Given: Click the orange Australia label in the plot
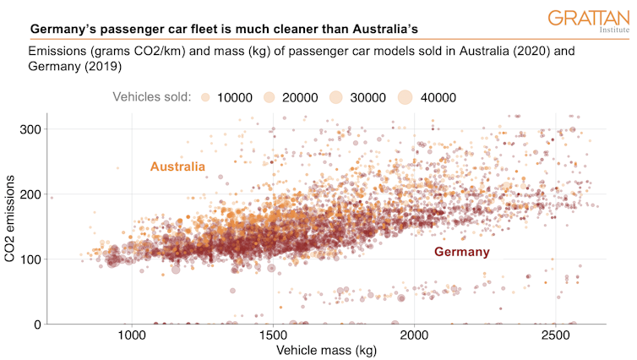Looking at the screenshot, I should click(178, 166).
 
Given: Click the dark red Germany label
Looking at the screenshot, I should click(461, 252).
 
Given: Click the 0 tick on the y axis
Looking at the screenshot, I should click(37, 325).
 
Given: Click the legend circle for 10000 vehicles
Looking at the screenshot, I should click(205, 97).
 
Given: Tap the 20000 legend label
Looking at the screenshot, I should click(300, 97).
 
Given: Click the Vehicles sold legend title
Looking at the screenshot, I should click(152, 97).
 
